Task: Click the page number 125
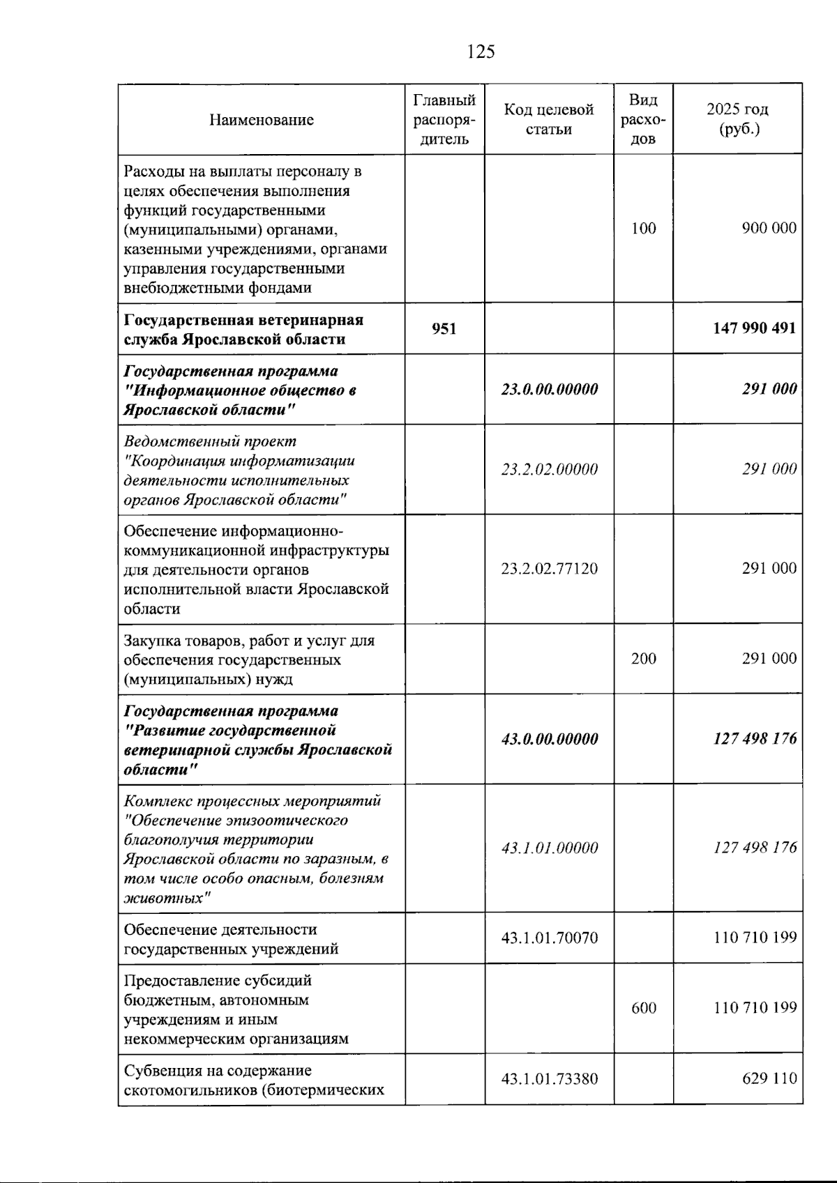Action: click(481, 52)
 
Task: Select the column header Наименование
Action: click(262, 120)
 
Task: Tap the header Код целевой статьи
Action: click(549, 119)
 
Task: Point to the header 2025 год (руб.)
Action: click(737, 119)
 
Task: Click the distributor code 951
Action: click(444, 328)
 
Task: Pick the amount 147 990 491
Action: click(754, 328)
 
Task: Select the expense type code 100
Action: click(643, 229)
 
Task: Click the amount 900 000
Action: click(769, 229)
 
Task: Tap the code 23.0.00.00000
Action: click(549, 390)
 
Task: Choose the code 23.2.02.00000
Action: click(549, 470)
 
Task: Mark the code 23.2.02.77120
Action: click(549, 569)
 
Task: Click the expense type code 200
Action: click(643, 659)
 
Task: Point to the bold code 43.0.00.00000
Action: click(549, 739)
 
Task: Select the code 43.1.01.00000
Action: click(549, 848)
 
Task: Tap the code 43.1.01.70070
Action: click(549, 938)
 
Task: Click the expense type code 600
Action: click(643, 1008)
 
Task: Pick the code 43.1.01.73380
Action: click(549, 1079)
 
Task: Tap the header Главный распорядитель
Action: click(444, 119)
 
